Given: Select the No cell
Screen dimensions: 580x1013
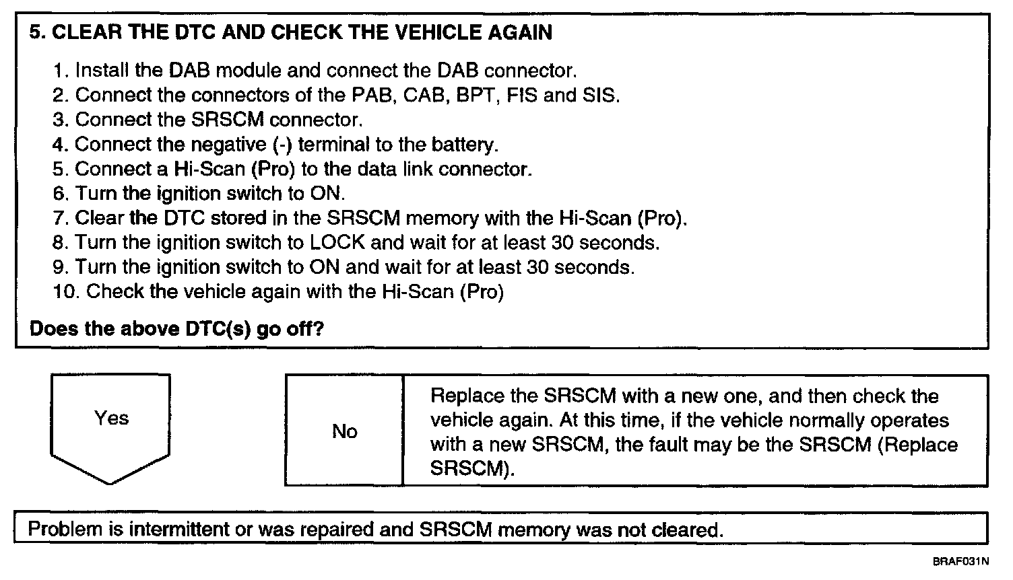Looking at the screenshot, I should click(x=344, y=431).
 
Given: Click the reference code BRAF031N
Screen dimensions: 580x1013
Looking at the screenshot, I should click(x=961, y=561).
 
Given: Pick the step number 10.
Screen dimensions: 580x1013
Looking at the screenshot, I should click(x=66, y=291).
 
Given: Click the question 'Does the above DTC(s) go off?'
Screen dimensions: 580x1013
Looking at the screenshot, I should click(x=177, y=329).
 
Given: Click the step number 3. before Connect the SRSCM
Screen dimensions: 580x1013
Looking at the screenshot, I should click(x=61, y=120).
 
